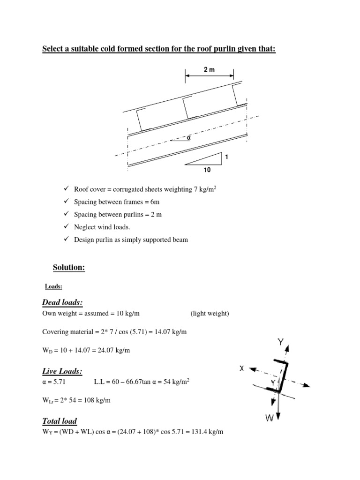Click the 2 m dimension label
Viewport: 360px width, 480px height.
209,69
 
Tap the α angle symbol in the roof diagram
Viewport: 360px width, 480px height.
189,138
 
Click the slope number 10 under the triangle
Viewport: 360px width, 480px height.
207,170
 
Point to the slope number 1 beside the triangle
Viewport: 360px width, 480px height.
227,157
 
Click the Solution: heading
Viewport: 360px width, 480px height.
69,267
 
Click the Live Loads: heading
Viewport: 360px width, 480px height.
62,371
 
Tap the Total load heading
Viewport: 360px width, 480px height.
60,421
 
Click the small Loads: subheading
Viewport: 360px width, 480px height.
54,286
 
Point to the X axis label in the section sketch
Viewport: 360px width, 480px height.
242,368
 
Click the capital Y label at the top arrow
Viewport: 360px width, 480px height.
281,343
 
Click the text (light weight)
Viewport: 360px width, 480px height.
210,314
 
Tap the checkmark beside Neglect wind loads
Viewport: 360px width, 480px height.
66,227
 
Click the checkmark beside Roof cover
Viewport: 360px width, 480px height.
66,189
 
